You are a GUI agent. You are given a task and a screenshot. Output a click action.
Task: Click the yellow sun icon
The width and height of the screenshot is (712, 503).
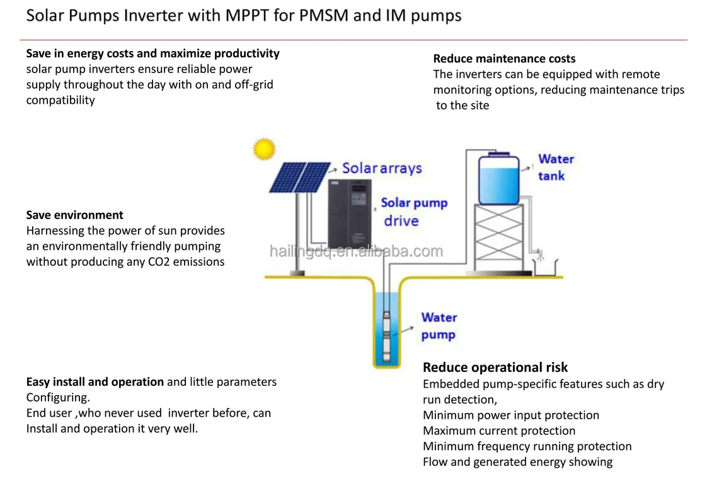pyautogui.click(x=264, y=149)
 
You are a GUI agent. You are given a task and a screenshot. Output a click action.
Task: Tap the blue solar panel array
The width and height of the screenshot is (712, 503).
pyautogui.click(x=300, y=178)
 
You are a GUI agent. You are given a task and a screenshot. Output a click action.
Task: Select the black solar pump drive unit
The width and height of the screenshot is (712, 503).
pyautogui.click(x=350, y=213)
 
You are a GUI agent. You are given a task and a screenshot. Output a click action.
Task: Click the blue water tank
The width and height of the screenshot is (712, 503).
pyautogui.click(x=498, y=179)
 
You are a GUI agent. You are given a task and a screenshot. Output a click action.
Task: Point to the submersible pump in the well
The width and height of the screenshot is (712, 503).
pyautogui.click(x=386, y=336)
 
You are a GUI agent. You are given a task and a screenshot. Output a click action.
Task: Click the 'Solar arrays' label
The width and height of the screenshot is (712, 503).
pyautogui.click(x=382, y=168)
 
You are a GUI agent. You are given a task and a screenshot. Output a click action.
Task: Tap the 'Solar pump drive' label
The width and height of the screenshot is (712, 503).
pyautogui.click(x=414, y=212)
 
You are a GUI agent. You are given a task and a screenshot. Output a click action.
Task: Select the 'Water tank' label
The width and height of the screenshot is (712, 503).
pyautogui.click(x=556, y=167)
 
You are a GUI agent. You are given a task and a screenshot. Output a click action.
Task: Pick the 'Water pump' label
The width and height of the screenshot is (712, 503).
pyautogui.click(x=439, y=325)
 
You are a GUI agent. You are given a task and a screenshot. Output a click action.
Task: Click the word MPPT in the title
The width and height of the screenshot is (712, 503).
pyautogui.click(x=247, y=15)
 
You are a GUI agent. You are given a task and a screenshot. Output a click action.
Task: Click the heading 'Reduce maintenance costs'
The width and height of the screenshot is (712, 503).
pyautogui.click(x=504, y=59)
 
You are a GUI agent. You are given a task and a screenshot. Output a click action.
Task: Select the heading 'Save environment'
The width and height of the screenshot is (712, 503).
pyautogui.click(x=74, y=215)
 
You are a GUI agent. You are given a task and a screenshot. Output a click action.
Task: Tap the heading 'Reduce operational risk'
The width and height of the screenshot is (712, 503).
pyautogui.click(x=495, y=367)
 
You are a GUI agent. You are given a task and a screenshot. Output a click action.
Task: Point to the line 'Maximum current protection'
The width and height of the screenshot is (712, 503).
pyautogui.click(x=499, y=431)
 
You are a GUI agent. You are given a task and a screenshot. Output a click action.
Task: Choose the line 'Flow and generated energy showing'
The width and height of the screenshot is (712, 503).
pyautogui.click(x=518, y=461)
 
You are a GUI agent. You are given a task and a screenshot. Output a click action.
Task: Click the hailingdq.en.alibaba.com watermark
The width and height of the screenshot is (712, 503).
pyautogui.click(x=356, y=251)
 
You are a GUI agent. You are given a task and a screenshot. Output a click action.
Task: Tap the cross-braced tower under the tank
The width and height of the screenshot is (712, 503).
pyautogui.click(x=498, y=238)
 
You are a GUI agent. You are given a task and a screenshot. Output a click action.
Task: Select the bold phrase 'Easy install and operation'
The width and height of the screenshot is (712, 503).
pyautogui.click(x=95, y=382)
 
